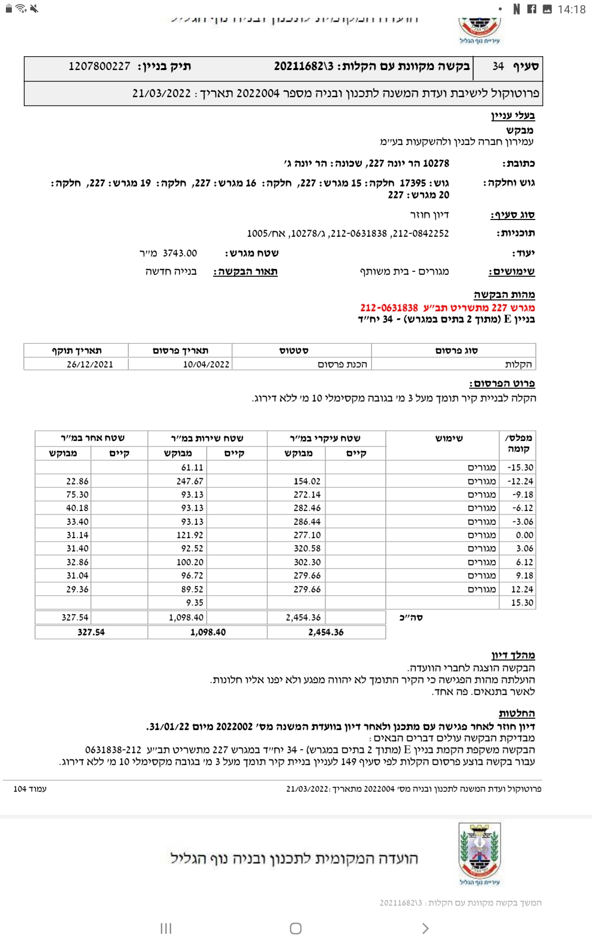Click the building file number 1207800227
pos(100,67)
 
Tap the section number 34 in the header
pos(498,67)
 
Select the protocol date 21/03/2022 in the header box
pos(161,94)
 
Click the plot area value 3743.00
pos(180,254)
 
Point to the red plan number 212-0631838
pos(389,308)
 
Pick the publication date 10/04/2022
pos(206,364)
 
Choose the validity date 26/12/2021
pos(90,364)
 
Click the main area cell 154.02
pos(307,481)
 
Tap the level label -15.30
pos(520,468)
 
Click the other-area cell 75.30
pos(77,495)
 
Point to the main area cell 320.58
pos(307,548)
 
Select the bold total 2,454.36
pos(326,632)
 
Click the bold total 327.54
pos(91,632)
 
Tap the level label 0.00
pos(524,535)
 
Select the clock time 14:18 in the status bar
pos(571,9)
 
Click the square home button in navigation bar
pos(296,929)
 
